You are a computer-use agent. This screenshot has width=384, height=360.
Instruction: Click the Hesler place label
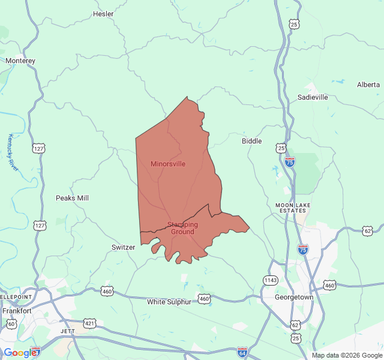pyautogui.click(x=103, y=14)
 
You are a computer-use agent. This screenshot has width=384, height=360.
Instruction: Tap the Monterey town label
pyautogui.click(x=20, y=61)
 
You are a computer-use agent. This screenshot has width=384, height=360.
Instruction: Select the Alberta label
pyautogui.click(x=368, y=85)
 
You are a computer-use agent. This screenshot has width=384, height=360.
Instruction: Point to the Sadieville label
pyautogui.click(x=313, y=97)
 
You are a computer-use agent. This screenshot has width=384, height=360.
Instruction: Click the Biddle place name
pyautogui.click(x=251, y=141)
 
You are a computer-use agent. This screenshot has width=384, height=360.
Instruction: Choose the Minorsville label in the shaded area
pyautogui.click(x=168, y=164)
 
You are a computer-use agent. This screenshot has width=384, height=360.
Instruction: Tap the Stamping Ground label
pyautogui.click(x=182, y=228)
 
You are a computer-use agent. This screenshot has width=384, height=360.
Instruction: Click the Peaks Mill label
pyautogui.click(x=72, y=198)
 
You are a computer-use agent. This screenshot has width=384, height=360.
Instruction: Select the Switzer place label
pyautogui.click(x=124, y=247)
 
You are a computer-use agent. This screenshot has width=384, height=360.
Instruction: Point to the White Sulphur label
pyautogui.click(x=169, y=302)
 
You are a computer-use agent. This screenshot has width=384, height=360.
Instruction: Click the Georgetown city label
pyautogui.click(x=294, y=297)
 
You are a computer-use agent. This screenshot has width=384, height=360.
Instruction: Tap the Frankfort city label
pyautogui.click(x=17, y=311)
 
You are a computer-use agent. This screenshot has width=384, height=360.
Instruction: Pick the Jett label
pyautogui.click(x=67, y=331)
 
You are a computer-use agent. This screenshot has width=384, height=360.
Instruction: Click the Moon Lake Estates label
pyautogui.click(x=293, y=208)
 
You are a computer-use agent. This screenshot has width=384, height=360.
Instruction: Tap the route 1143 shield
pyautogui.click(x=270, y=280)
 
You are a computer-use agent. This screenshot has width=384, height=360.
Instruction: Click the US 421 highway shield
pyautogui.click(x=89, y=323)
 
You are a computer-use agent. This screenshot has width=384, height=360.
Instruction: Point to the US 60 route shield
pyautogui.click(x=11, y=324)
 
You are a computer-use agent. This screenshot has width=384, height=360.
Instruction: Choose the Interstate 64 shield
pyautogui.click(x=242, y=351)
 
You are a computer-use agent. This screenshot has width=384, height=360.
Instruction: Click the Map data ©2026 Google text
pyautogui.click(x=346, y=355)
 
